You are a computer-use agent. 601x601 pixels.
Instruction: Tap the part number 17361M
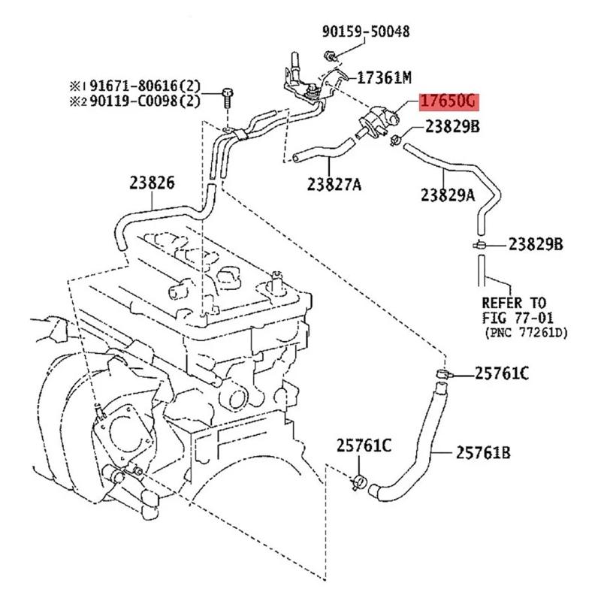(384, 77)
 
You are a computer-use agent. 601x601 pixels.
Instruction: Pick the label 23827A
(334, 183)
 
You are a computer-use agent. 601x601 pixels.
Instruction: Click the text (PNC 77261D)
(525, 331)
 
